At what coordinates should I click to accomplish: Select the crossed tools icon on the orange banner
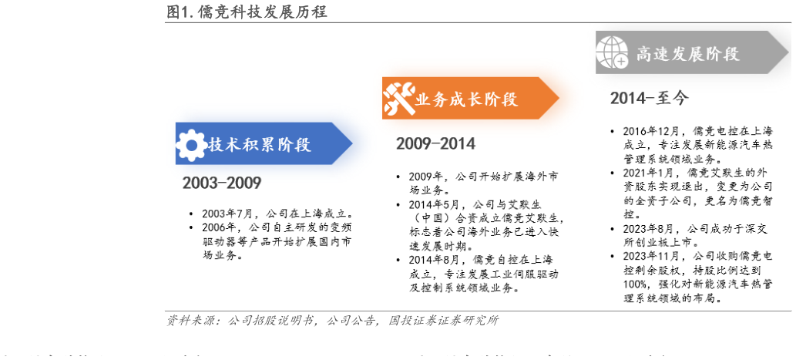coord(398,99)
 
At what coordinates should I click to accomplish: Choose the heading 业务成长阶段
coord(466,99)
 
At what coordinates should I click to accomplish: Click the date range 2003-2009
coord(222,183)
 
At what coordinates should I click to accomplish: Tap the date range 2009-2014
coord(435,143)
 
